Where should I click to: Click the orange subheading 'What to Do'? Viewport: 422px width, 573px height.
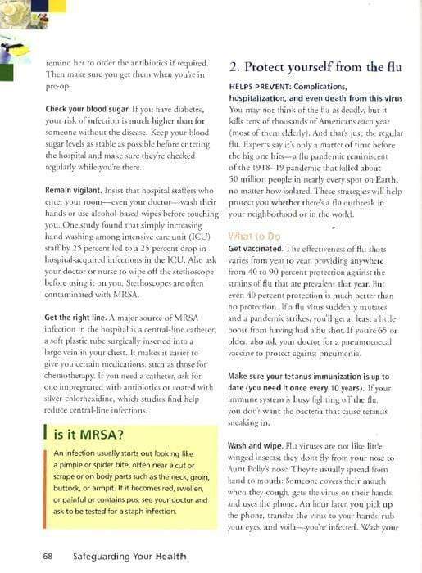tap(254, 236)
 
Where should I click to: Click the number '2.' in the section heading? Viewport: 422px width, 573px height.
tap(235, 67)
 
